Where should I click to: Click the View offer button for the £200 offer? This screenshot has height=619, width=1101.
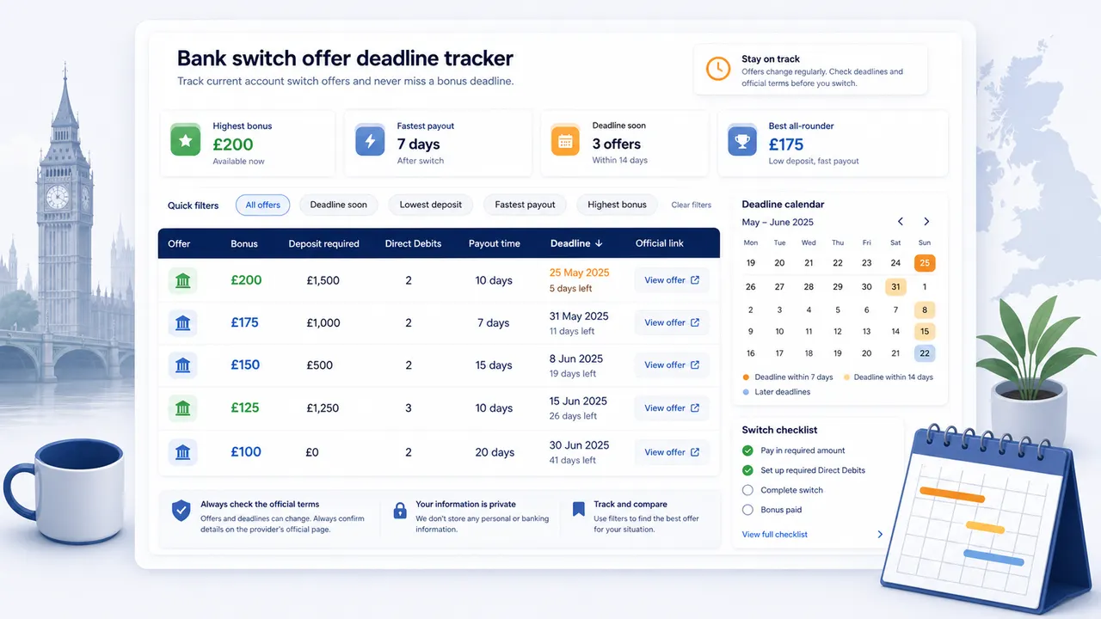click(672, 280)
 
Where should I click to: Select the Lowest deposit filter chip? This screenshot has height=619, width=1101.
click(431, 205)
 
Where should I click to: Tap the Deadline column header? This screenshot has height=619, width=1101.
click(576, 243)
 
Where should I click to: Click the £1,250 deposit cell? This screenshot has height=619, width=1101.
click(323, 408)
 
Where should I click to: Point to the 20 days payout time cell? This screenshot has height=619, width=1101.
click(495, 452)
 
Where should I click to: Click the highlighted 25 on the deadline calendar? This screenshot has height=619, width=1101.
click(925, 263)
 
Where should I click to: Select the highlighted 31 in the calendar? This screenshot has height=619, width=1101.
click(895, 286)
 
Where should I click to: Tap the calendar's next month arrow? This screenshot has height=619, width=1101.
click(926, 222)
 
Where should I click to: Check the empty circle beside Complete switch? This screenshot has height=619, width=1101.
click(747, 490)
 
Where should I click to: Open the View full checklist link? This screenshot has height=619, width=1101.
click(775, 535)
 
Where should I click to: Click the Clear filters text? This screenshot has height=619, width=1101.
click(691, 205)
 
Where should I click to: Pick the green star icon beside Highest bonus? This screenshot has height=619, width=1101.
click(185, 140)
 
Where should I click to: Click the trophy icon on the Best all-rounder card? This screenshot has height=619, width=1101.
click(742, 140)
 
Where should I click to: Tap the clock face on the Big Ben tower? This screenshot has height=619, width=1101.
click(58, 197)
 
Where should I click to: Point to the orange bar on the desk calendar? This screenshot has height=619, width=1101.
click(952, 494)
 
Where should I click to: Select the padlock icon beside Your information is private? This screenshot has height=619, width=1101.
click(400, 511)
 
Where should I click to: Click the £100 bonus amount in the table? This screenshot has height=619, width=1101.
click(246, 452)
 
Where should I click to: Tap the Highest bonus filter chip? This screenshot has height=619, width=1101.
click(617, 205)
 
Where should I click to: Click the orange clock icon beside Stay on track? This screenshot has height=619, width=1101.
click(718, 69)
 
